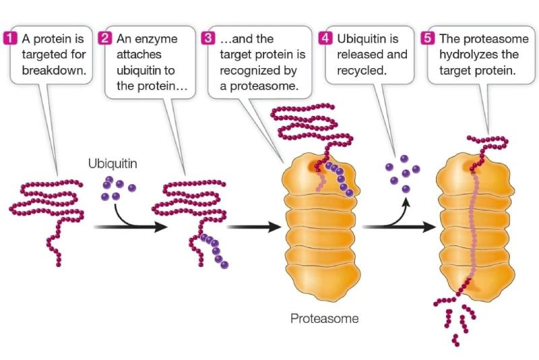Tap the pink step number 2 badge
105,38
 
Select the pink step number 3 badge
209,38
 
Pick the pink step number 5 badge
428,38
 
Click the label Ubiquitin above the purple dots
113,163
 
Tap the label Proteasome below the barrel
324,318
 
